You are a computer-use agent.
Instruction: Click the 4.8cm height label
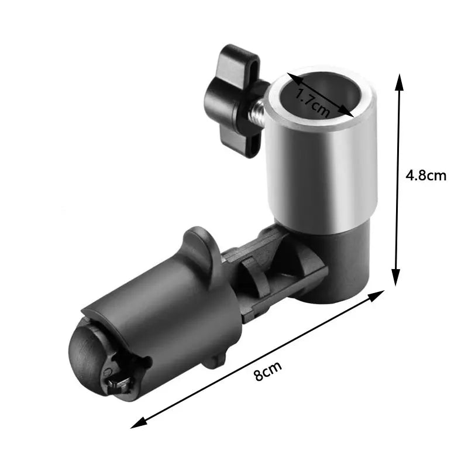pos(426,175)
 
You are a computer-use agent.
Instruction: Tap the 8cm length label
pos(269,371)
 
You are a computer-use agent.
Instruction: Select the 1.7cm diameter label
pos(311,100)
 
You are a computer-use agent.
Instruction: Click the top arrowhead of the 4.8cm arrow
pos(400,81)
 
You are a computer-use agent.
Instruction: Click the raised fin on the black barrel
pos(202,246)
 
